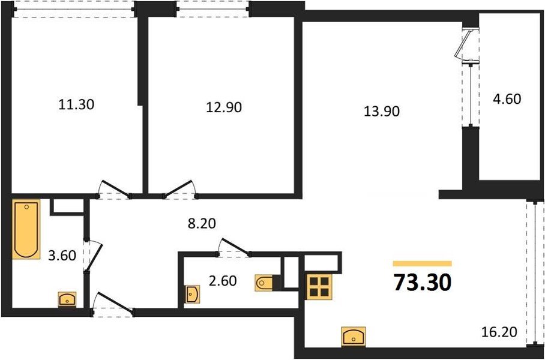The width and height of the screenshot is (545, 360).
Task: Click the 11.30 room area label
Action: [76, 104]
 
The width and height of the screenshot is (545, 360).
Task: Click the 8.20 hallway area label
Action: [201, 223]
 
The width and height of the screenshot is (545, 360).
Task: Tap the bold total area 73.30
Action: [422, 282]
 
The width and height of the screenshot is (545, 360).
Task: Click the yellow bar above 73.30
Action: [422, 263]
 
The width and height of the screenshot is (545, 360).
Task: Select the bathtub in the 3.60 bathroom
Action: [26, 229]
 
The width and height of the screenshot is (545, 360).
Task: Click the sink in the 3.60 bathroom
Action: [67, 299]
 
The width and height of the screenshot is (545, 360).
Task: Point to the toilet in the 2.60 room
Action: [264, 282]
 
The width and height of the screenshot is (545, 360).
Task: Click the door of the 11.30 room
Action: [115, 189]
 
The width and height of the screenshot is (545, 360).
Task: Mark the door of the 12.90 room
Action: [181, 189]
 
